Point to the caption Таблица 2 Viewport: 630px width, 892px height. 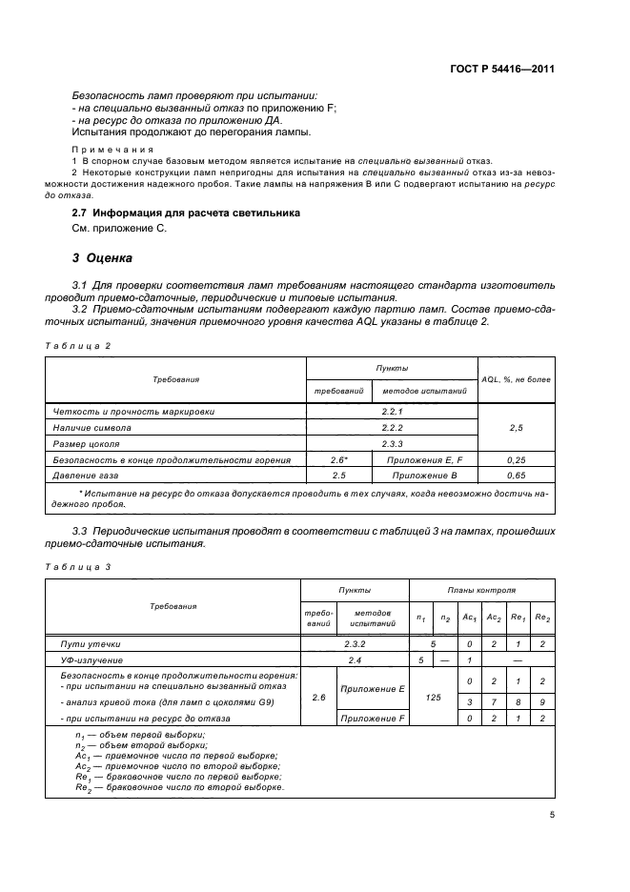(x=78, y=345)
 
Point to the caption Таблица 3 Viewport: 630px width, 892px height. (x=78, y=566)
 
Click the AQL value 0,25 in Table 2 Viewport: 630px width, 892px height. (x=516, y=459)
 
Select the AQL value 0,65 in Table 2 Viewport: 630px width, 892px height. (x=516, y=474)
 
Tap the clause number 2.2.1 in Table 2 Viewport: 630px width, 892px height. (x=394, y=412)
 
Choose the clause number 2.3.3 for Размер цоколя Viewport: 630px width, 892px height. (x=394, y=443)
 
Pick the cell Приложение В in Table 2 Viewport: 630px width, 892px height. (x=429, y=474)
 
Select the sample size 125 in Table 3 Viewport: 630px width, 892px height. (x=434, y=698)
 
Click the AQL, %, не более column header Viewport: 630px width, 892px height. (x=516, y=379)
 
